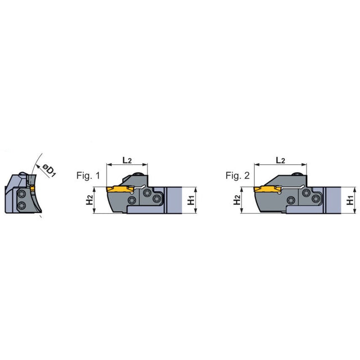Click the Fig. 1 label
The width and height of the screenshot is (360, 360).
pyautogui.click(x=88, y=175)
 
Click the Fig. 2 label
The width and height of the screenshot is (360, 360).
pyautogui.click(x=237, y=175)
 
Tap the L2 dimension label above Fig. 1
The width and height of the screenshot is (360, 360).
pyautogui.click(x=127, y=160)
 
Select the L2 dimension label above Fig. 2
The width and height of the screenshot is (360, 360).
pyautogui.click(x=280, y=160)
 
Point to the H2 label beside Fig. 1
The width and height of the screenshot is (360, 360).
pyautogui.click(x=89, y=200)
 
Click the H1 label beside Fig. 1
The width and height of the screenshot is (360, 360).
pyautogui.click(x=191, y=200)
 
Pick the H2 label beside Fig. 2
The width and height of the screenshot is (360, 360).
pyautogui.click(x=237, y=200)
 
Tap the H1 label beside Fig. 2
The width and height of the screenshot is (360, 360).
pyautogui.click(x=350, y=200)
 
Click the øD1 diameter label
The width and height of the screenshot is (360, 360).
pyautogui.click(x=49, y=170)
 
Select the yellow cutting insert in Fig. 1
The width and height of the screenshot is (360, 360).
pyautogui.click(x=120, y=189)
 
